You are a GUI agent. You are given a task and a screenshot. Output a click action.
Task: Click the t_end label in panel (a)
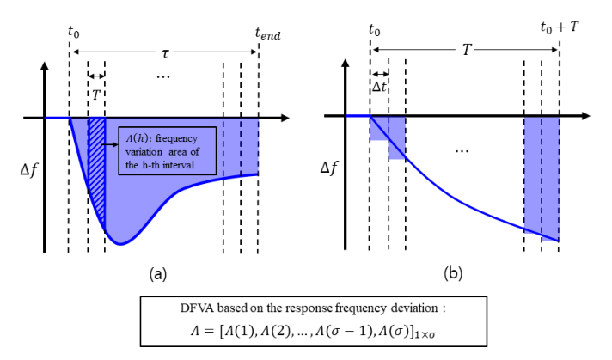(x=267, y=35)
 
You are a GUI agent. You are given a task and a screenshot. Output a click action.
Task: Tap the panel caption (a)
(x=157, y=274)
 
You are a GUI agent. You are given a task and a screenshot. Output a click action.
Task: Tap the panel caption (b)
(x=455, y=274)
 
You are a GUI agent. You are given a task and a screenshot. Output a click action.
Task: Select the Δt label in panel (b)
(x=379, y=88)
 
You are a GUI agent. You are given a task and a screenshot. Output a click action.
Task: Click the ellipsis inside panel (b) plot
(x=461, y=151)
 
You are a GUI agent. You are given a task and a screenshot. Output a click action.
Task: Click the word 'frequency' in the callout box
(x=183, y=135)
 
